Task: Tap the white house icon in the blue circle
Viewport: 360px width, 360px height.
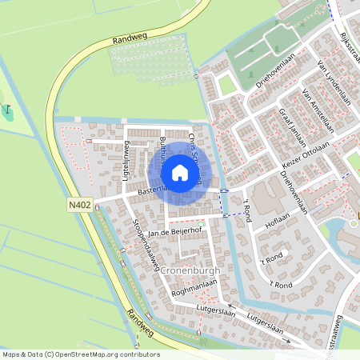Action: (x=180, y=173)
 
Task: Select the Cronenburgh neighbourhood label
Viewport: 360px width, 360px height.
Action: (x=190, y=270)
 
